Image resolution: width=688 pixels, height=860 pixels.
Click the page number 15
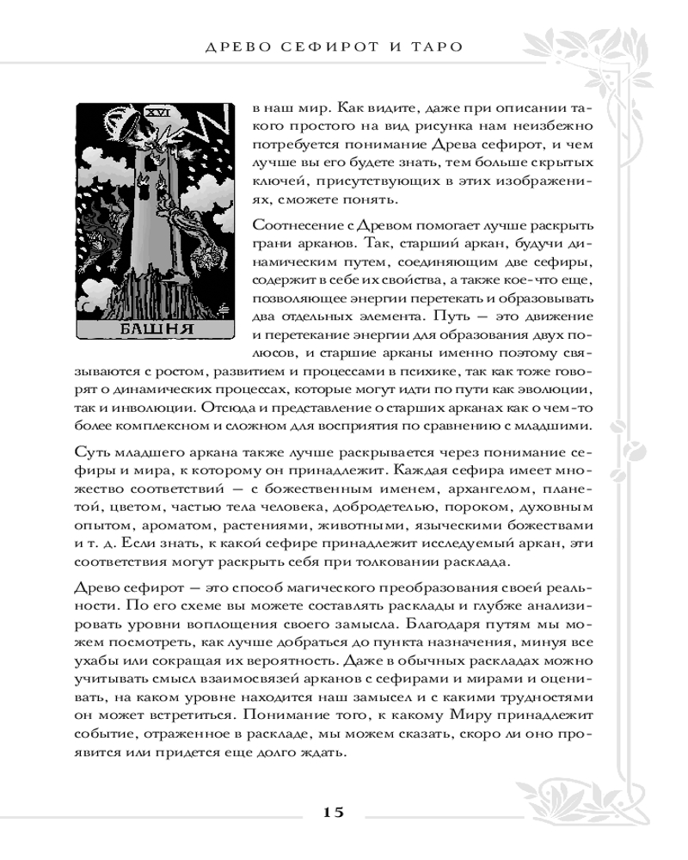click(x=334, y=811)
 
